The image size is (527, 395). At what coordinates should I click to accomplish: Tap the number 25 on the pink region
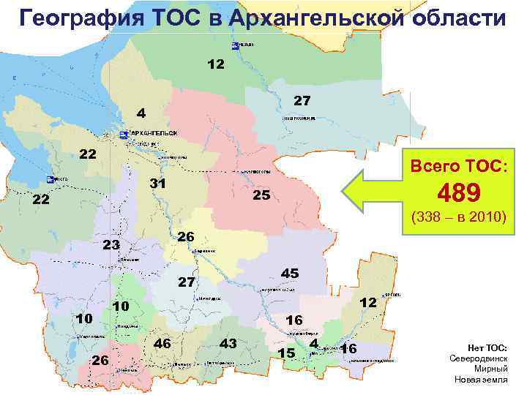tap(261, 195)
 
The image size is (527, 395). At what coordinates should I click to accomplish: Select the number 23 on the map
tap(111, 245)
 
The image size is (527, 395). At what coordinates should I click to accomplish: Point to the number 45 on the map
tap(290, 273)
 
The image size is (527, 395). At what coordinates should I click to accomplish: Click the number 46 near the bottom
tap(162, 342)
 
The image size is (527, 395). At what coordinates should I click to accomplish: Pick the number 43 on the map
tap(228, 342)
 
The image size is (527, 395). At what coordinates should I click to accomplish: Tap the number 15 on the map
tap(286, 353)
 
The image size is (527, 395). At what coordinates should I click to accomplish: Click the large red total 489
tap(458, 193)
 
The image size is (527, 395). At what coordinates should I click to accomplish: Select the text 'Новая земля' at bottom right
tap(482, 380)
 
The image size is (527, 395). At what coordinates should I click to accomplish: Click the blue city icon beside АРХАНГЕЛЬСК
tap(123, 135)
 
